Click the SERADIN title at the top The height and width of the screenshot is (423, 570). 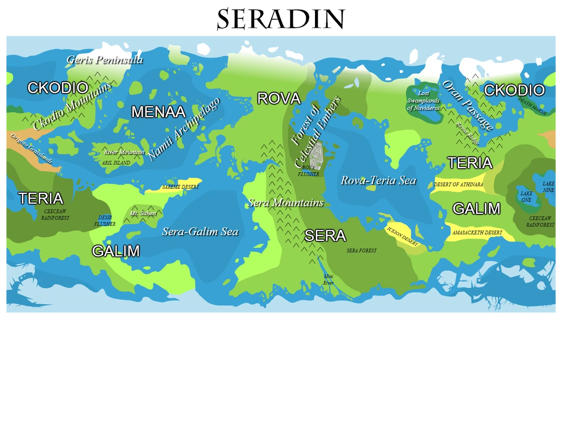click(x=281, y=19)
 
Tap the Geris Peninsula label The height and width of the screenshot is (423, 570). click(x=104, y=60)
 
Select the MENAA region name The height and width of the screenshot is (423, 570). click(x=158, y=112)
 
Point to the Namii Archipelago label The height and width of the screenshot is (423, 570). click(x=184, y=129)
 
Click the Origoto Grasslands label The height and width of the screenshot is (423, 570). click(x=31, y=148)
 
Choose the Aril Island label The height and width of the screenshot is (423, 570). click(x=116, y=163)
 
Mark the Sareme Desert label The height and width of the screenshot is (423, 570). click(x=180, y=187)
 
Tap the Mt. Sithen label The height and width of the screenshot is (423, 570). click(x=143, y=213)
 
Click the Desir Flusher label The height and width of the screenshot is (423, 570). click(x=105, y=221)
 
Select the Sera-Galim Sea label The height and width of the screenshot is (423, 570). click(x=200, y=232)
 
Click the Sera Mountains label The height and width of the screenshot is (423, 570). click(x=285, y=203)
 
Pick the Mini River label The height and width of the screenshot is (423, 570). click(x=328, y=279)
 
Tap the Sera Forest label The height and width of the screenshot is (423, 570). click(x=361, y=250)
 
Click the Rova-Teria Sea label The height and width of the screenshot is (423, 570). click(x=378, y=181)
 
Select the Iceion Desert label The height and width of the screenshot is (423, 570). click(x=402, y=236)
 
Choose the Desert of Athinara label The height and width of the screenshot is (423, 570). click(x=458, y=184)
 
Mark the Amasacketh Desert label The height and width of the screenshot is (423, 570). click(x=477, y=233)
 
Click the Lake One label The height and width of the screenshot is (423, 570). click(x=526, y=197)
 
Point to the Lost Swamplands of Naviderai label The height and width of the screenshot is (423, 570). click(x=423, y=101)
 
